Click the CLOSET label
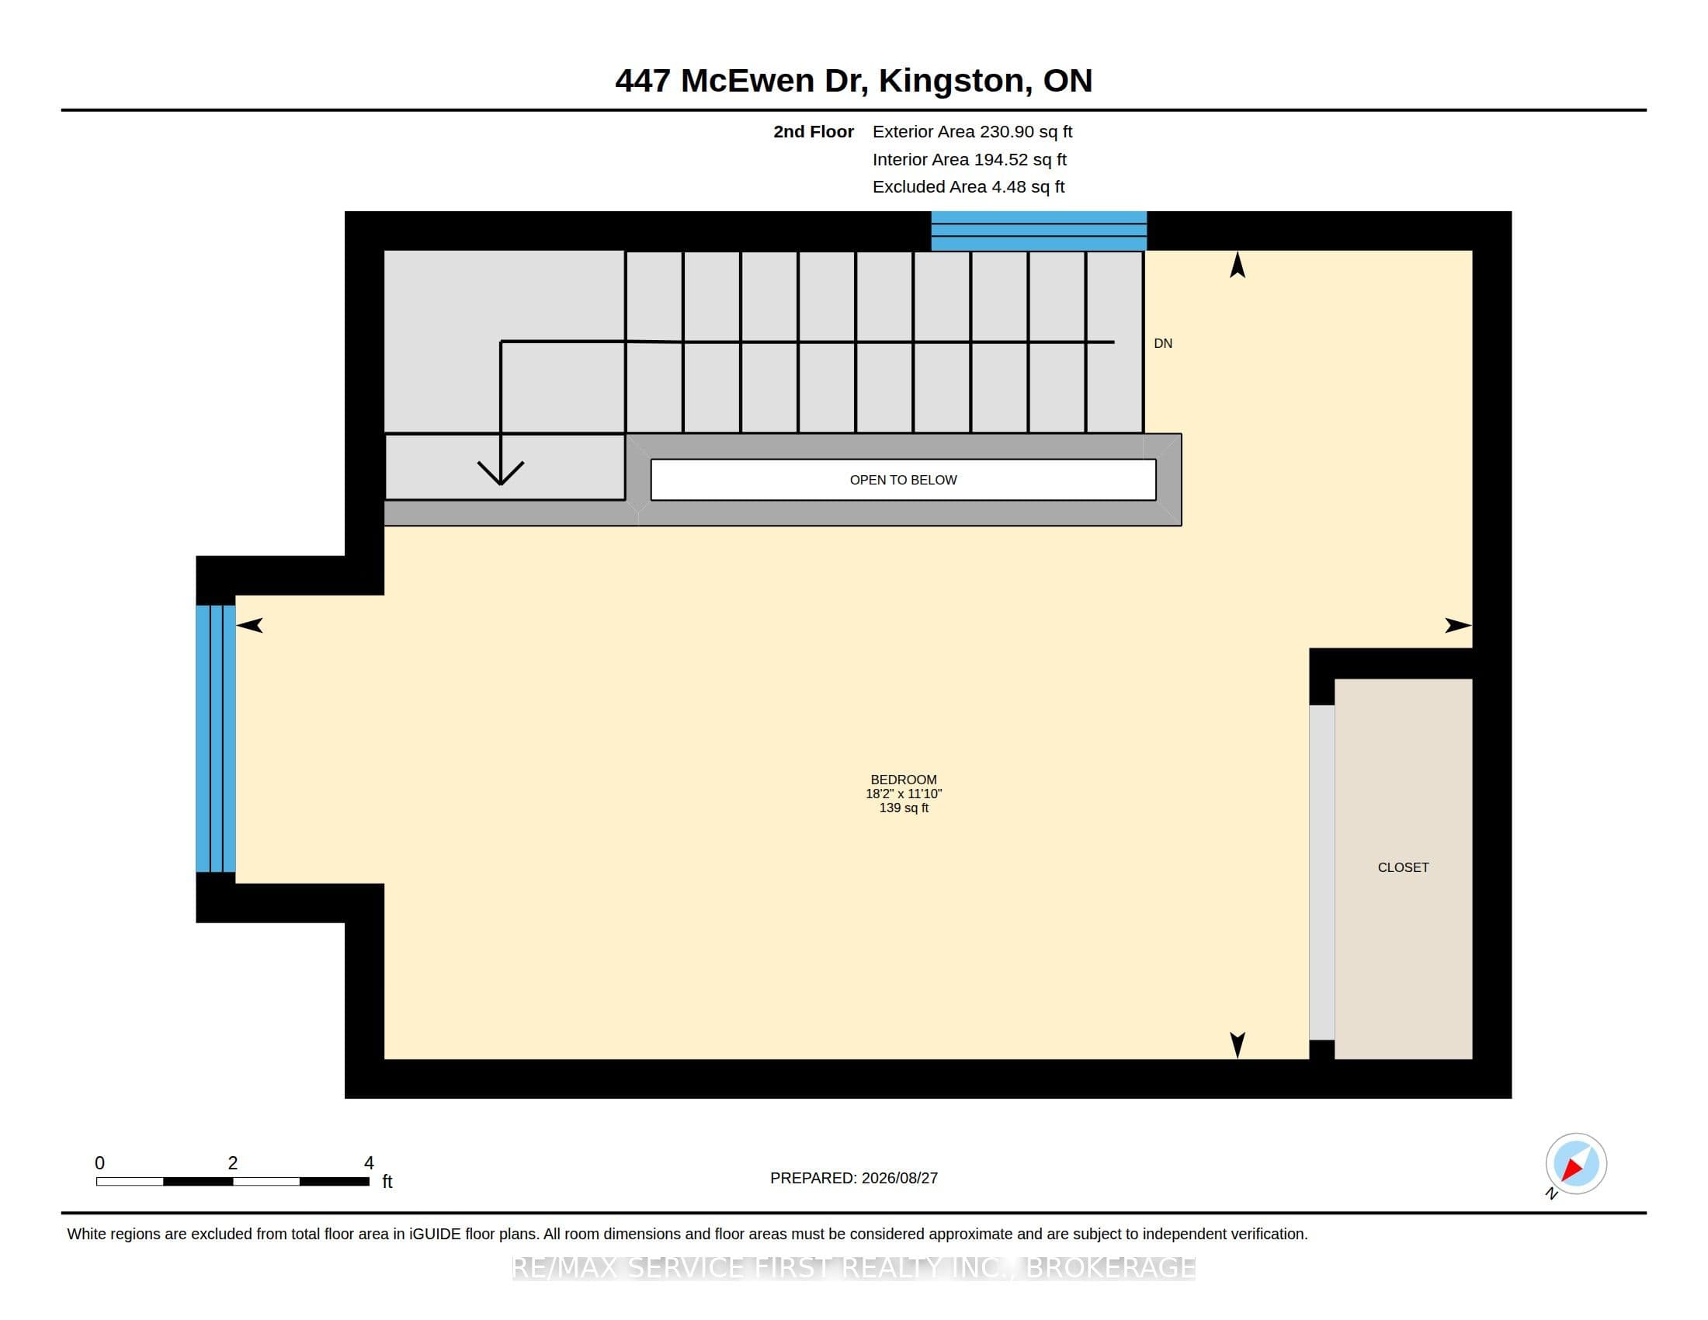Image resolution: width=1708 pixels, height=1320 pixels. pyautogui.click(x=1403, y=867)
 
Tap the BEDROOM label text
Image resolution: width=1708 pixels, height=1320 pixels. pyautogui.click(x=903, y=780)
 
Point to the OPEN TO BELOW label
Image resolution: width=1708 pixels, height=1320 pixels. pyautogui.click(x=903, y=480)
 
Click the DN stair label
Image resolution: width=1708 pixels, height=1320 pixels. pyautogui.click(x=1163, y=343)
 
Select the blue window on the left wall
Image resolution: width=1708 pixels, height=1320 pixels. pyautogui.click(x=216, y=738)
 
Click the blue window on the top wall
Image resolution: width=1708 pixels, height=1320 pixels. pyautogui.click(x=1039, y=231)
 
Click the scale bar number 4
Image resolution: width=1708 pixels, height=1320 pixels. pyautogui.click(x=369, y=1163)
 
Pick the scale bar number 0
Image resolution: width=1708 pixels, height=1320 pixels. pyautogui.click(x=99, y=1163)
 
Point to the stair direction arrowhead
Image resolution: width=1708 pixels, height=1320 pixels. pyautogui.click(x=501, y=473)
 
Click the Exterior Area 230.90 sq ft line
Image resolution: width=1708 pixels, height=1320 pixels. pyautogui.click(x=972, y=132)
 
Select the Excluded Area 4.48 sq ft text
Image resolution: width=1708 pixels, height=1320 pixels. pyautogui.click(x=968, y=187)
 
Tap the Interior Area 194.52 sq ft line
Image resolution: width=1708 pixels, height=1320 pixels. pyautogui.click(x=969, y=159)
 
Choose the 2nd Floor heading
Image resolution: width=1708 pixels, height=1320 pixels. pyautogui.click(x=814, y=132)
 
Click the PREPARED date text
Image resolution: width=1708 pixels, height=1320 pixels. pyautogui.click(x=854, y=1178)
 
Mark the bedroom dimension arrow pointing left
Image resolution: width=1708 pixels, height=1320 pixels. pyautogui.click(x=249, y=625)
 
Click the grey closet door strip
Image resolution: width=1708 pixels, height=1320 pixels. pyautogui.click(x=1321, y=873)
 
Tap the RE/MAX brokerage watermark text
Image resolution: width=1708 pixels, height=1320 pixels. pyautogui.click(x=854, y=1268)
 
